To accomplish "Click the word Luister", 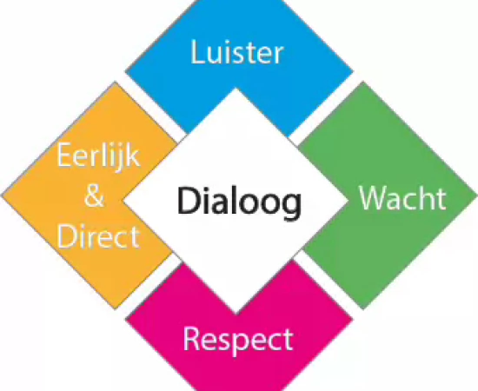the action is click(x=237, y=52).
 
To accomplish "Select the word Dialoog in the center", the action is click(x=239, y=202).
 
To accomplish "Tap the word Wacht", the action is click(x=402, y=197).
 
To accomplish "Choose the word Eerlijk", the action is click(x=98, y=156).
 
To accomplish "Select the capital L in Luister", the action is click(x=198, y=52).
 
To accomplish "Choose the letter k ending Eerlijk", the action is click(x=133, y=155).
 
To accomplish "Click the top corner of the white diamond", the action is click(x=236, y=89).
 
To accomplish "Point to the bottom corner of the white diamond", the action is click(x=236, y=314).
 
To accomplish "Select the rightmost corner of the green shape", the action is click(x=477, y=195).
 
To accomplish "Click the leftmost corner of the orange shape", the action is click(x=2, y=195).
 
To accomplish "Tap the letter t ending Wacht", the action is click(x=441, y=199).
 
